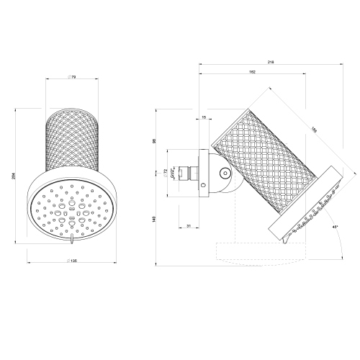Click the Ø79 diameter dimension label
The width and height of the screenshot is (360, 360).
click(x=71, y=77)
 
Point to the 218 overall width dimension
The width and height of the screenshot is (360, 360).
click(x=271, y=63)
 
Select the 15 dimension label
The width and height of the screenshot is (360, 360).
click(x=204, y=117)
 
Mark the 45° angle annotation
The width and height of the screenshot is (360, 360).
click(x=336, y=227)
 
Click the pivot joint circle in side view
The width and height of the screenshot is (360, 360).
click(x=225, y=173)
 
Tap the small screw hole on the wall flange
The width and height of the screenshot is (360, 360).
click(x=203, y=186)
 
